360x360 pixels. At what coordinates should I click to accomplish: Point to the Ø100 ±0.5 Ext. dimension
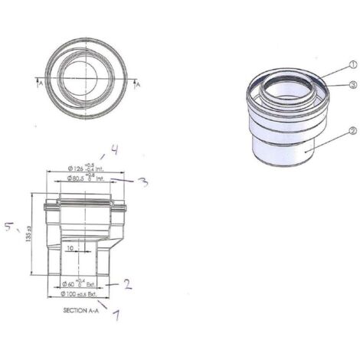coord(78,294)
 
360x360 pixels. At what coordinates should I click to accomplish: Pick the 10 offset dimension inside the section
coord(69,248)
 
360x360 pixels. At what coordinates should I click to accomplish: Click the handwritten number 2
coord(128,284)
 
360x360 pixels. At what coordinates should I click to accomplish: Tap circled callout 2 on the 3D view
coord(352,131)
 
